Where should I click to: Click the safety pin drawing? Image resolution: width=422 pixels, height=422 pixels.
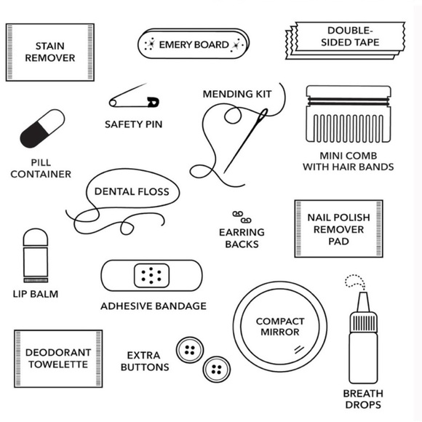tap(135, 100)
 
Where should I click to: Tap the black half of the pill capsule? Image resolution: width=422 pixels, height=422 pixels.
tap(33, 135)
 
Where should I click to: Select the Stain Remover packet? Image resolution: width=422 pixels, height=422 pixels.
tap(49, 52)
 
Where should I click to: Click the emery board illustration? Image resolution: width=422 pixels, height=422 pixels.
tap(194, 45)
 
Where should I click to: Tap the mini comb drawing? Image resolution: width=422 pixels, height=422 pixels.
tap(348, 115)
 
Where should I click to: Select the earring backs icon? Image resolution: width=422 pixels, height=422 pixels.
tap(241, 217)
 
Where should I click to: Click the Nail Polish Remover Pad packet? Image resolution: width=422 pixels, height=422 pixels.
tap(338, 228)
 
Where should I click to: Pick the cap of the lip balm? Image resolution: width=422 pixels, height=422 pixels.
tap(35, 239)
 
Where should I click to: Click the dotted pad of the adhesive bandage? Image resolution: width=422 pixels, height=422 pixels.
tap(152, 275)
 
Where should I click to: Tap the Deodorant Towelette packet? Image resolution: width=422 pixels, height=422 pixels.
tap(58, 358)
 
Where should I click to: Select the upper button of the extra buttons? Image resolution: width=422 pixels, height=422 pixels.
tap(190, 350)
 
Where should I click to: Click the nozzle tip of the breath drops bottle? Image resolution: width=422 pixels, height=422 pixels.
tap(362, 298)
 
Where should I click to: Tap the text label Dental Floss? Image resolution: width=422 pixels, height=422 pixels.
tap(132, 192)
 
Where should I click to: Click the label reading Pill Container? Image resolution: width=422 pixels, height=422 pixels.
tap(41, 168)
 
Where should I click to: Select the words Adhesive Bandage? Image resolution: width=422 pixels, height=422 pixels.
tap(154, 306)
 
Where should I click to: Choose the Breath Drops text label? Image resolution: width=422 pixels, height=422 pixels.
tap(362, 399)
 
